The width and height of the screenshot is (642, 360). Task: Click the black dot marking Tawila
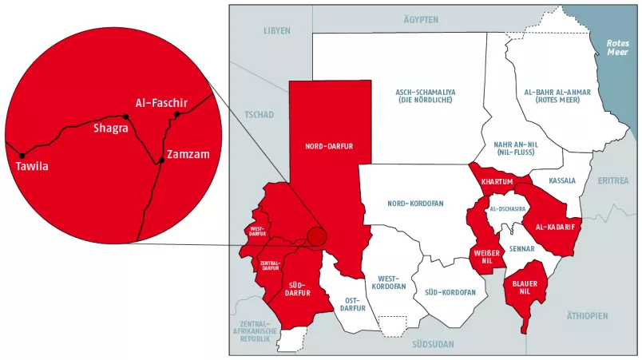(22, 155)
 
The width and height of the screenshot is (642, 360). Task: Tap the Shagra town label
(111, 129)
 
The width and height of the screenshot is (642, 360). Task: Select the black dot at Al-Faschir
(177, 114)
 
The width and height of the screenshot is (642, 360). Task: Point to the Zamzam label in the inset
(188, 154)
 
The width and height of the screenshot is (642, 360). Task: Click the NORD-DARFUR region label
(329, 147)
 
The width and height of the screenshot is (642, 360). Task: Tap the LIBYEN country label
(277, 30)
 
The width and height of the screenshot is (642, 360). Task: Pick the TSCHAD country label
(260, 115)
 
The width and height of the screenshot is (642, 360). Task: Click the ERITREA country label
(614, 181)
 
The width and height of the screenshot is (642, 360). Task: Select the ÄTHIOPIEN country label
(587, 316)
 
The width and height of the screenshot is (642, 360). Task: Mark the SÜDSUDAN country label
(433, 344)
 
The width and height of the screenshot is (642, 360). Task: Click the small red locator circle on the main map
(317, 237)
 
